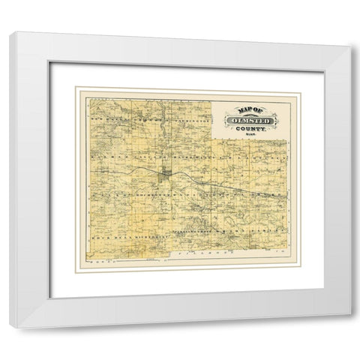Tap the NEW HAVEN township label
coord(105,118)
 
